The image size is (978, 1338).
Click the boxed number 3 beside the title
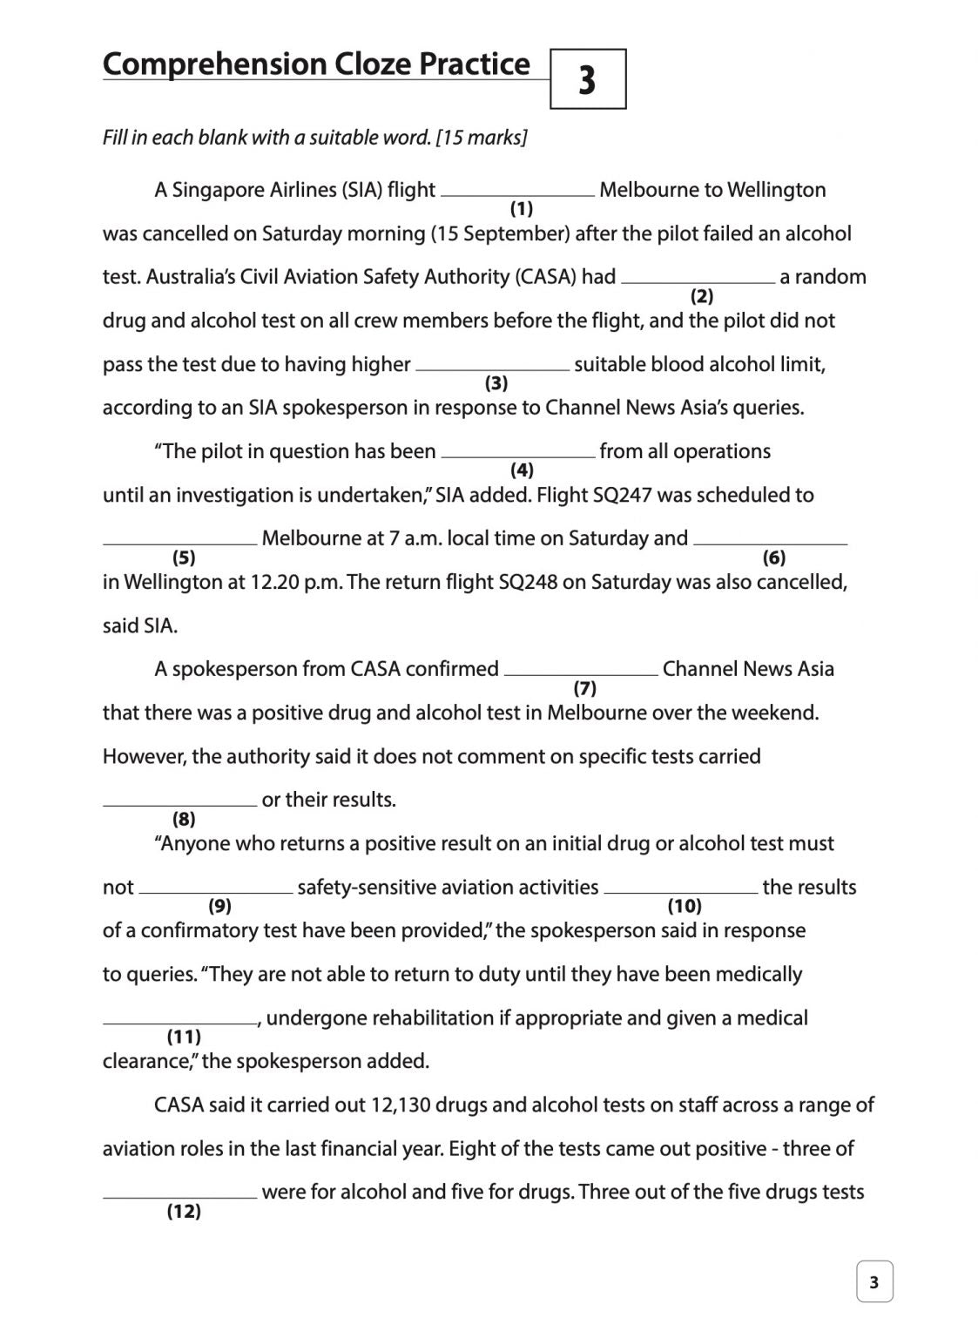pos(588,79)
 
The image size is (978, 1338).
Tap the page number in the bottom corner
pos(874,1281)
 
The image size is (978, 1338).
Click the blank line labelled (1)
pos(517,194)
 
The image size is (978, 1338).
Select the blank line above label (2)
pos(698,281)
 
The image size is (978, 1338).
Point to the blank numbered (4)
pos(519,456)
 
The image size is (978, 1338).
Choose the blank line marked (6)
pos(770,543)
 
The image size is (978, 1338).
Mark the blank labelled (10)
pos(680,891)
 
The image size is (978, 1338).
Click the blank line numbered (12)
pos(179,1196)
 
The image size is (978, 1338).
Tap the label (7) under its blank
pos(584,688)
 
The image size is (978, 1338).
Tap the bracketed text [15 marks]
pos(482,138)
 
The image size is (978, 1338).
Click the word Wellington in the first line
pos(776,190)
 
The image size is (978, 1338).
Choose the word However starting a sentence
pos(144,756)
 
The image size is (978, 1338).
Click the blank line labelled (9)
pos(216,891)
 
